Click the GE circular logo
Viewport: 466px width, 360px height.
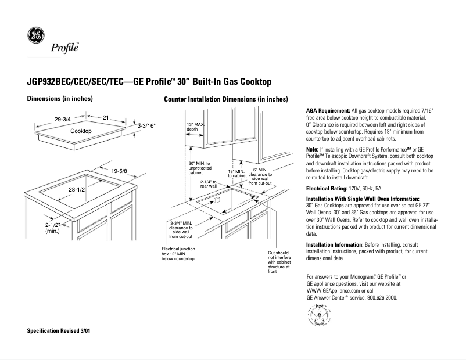(x=36, y=35)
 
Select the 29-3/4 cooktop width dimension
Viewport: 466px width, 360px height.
(x=62, y=119)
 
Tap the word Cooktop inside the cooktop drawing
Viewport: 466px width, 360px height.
(x=81, y=132)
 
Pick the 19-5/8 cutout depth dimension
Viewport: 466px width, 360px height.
(x=119, y=170)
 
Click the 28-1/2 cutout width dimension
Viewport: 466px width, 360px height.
(x=77, y=190)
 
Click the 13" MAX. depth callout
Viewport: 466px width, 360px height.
(x=196, y=127)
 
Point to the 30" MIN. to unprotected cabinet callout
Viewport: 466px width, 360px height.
(x=199, y=168)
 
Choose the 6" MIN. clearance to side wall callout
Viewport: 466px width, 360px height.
(x=260, y=177)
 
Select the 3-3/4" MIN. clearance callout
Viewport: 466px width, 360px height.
(x=182, y=229)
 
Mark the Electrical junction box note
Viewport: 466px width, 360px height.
(x=178, y=253)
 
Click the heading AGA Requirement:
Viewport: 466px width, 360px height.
(x=328, y=110)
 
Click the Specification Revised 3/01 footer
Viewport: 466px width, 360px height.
(x=59, y=330)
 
